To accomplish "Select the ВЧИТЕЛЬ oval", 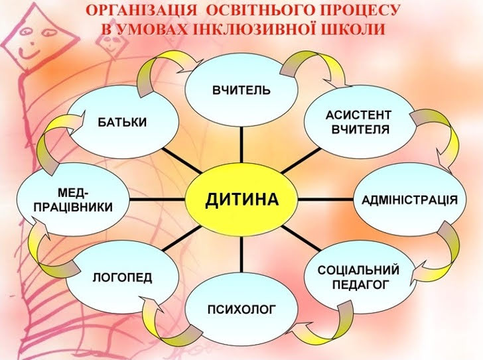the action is [241, 90].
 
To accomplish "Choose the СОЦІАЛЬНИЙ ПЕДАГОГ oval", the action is [358, 277].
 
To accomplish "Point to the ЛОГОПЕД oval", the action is [122, 277].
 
